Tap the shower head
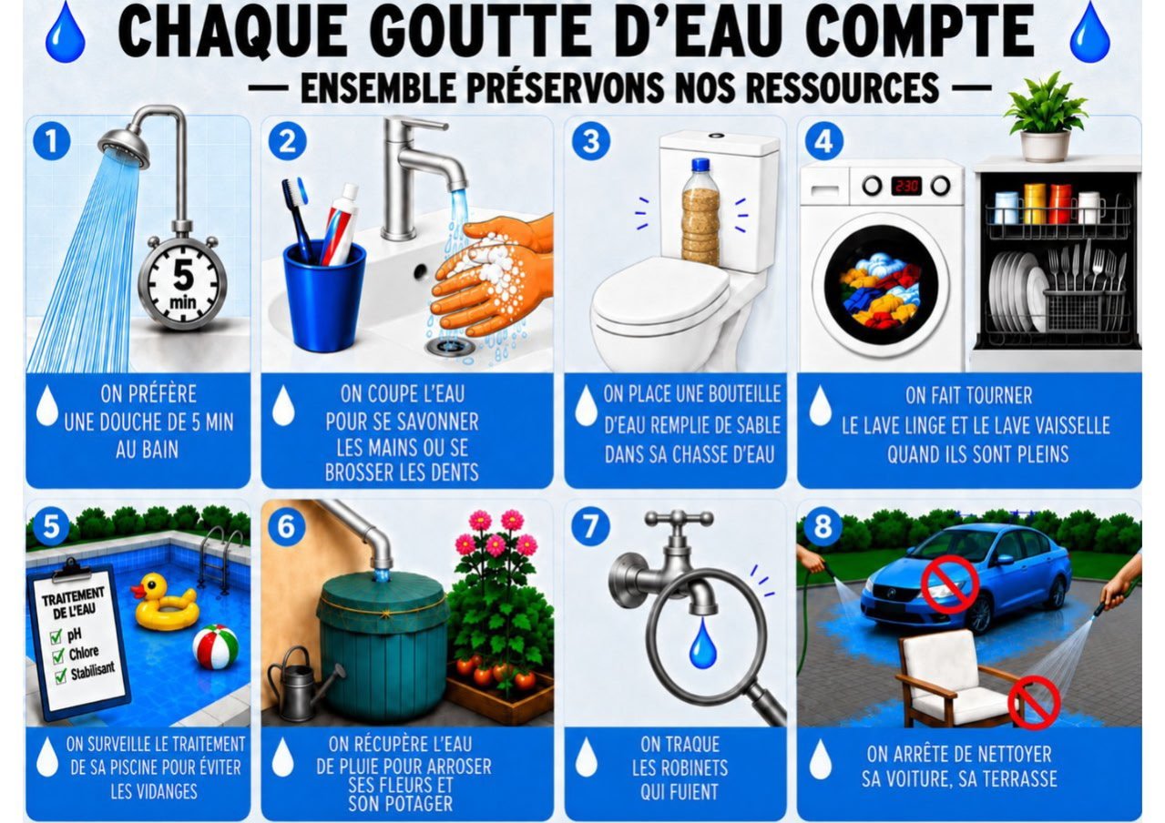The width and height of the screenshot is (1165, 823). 124,147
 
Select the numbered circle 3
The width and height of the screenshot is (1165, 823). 591,141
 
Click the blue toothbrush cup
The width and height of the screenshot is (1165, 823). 323,296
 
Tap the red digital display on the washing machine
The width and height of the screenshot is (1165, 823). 906,186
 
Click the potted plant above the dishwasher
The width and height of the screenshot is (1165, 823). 1046,119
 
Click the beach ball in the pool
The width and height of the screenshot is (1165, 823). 215,646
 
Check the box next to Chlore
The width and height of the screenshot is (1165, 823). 58,656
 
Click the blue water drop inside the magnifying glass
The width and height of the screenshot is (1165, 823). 702,645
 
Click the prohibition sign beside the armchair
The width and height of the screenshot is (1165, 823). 1034,703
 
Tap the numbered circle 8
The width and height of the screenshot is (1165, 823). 823,527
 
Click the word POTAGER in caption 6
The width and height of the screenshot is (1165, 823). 401,804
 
